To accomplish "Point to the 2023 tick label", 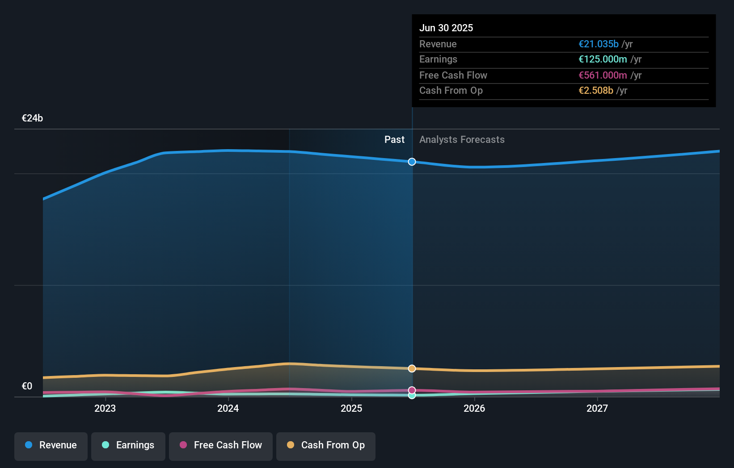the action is point(105,409).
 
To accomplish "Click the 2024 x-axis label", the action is point(228,409).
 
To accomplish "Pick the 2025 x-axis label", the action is point(351,409).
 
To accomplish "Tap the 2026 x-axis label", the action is point(474,409).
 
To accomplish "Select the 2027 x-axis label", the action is point(597,409).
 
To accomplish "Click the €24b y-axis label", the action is point(32,118).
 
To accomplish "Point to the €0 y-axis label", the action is point(27,386).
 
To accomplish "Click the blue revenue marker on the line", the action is point(412,162).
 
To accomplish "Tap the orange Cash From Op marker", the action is point(412,368).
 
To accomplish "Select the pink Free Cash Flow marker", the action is point(412,390).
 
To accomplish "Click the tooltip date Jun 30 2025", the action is point(446,28).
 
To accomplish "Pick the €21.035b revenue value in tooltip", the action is point(599,44).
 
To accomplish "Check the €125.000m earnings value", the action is point(603,59).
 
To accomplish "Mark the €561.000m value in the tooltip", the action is point(603,75).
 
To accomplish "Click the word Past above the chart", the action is point(395,139).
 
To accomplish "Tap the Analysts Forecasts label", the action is point(462,140).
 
